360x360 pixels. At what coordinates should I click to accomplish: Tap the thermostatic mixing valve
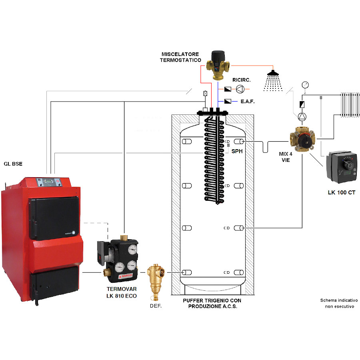(218, 64)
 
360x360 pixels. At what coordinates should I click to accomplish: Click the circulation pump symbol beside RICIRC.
(239, 88)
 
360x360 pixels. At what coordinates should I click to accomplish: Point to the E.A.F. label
(248, 102)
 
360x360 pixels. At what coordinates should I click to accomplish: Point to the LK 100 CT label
(341, 193)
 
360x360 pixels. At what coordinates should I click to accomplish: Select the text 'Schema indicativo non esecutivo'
(338, 303)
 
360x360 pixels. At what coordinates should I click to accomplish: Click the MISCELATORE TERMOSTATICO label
(181, 57)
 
